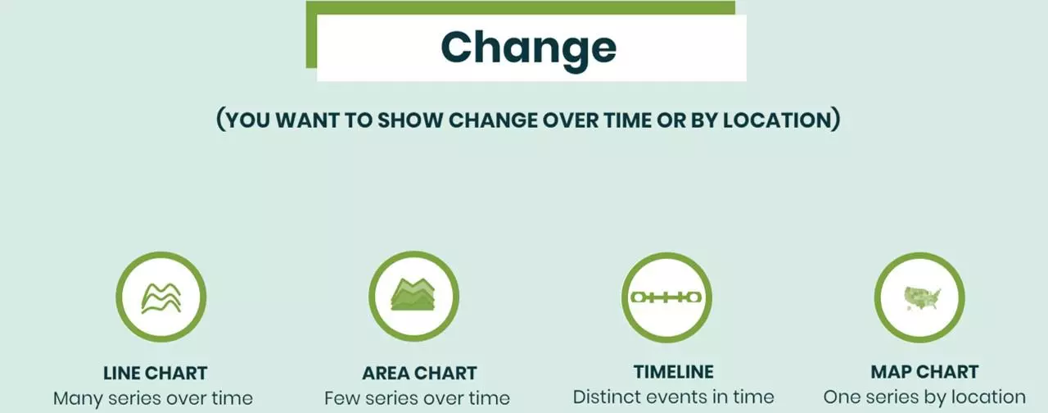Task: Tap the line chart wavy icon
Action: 161,297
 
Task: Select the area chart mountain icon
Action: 413,294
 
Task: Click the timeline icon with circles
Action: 666,297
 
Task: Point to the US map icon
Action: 922,298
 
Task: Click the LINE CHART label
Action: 156,373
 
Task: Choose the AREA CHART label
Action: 420,373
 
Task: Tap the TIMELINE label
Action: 674,372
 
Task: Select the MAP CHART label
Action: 924,372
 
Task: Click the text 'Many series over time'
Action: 153,398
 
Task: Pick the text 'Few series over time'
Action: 417,398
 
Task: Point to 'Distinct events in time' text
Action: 673,397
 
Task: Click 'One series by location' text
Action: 924,397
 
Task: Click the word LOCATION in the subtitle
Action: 777,120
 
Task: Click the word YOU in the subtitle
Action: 248,120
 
